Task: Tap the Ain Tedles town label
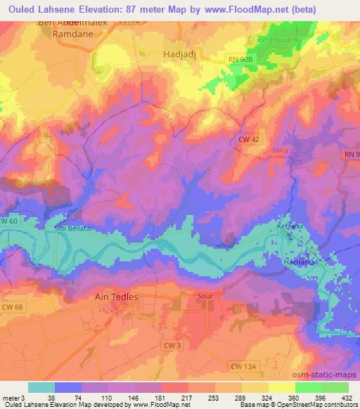pyautogui.click(x=116, y=297)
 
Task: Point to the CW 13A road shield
pyautogui.click(x=243, y=367)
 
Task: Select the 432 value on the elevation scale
pyautogui.click(x=347, y=398)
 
